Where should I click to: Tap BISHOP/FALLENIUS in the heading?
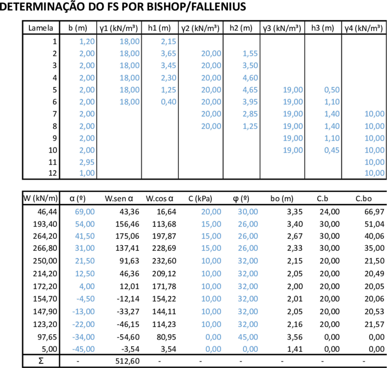coord(196,6)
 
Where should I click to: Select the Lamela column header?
coord(41,28)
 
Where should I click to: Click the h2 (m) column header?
coord(241,28)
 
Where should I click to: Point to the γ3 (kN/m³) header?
coord(282,28)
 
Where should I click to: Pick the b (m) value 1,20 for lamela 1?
coord(87,41)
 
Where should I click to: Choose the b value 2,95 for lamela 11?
coord(87,162)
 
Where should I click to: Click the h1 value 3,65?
coord(169,53)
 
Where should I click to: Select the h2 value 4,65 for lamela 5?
coord(250,90)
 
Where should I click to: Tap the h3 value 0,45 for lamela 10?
coord(332,150)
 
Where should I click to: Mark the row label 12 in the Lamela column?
coord(52,173)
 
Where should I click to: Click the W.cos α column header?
coord(160,198)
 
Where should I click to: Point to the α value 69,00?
coord(85,212)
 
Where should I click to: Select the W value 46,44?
coord(47,212)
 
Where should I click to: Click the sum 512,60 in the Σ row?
coord(127,361)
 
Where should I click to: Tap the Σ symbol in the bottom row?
coord(41,361)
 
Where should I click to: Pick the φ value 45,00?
coord(248,337)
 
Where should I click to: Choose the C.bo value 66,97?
coord(375,212)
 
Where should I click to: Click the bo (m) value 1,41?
coord(295,349)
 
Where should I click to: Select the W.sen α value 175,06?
coord(127,236)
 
